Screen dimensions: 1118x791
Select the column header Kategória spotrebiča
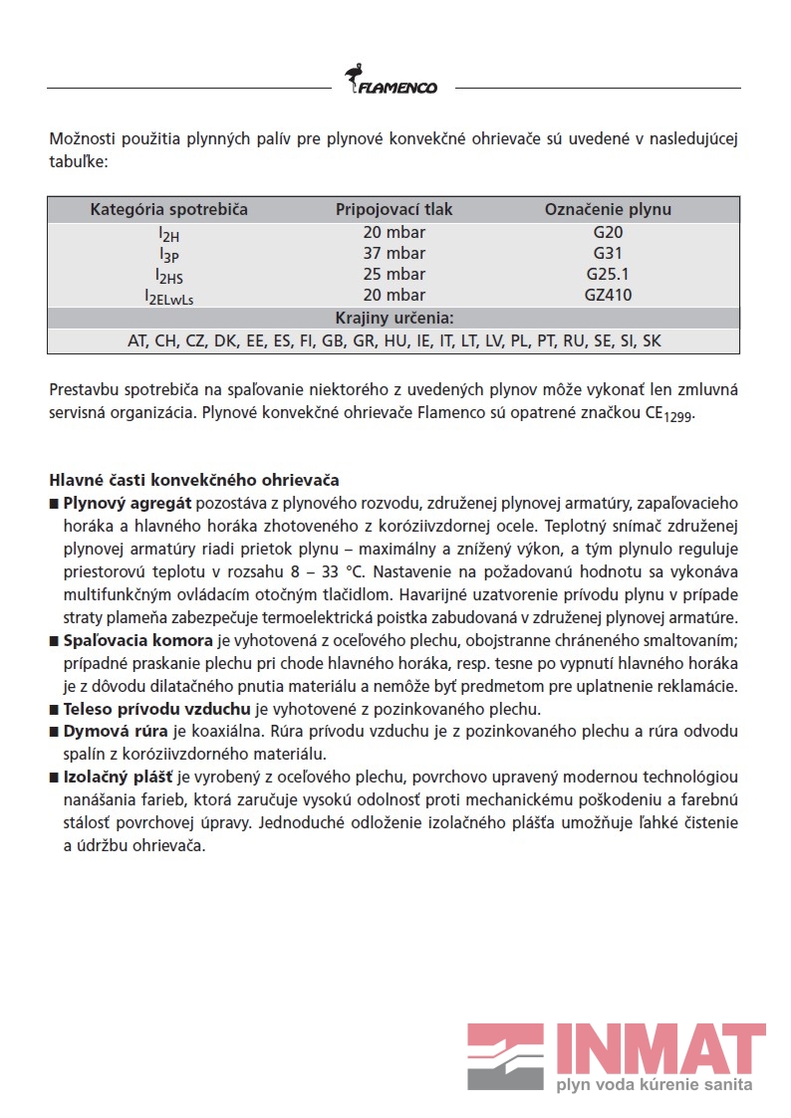[169, 209]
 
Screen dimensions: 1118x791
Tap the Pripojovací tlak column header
[394, 209]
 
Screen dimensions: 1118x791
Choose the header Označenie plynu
[608, 209]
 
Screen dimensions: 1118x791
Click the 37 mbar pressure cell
[394, 253]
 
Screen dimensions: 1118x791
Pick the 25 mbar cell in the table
[394, 274]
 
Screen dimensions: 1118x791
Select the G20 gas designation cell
[608, 232]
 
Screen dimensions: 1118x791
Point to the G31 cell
[608, 253]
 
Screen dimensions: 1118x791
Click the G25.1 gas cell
[608, 274]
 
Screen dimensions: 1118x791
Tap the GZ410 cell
[608, 295]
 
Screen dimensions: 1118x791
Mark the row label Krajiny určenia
[394, 319]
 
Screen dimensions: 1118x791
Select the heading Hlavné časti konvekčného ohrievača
[194, 480]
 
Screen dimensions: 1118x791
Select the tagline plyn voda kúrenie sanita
[654, 1084]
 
